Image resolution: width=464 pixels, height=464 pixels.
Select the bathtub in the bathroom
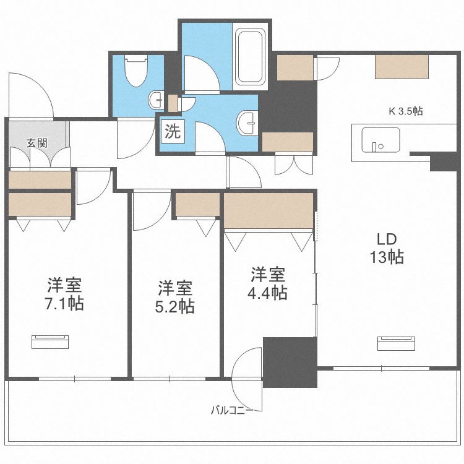point(251,56)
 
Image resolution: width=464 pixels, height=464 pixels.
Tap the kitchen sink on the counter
point(374,140)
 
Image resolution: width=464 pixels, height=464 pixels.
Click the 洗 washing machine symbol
point(171,131)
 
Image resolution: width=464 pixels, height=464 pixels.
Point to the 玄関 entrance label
point(37,143)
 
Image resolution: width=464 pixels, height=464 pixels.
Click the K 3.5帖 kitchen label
point(405,111)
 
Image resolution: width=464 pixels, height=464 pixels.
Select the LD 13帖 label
point(387,248)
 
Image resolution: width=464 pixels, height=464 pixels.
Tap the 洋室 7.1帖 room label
point(66,294)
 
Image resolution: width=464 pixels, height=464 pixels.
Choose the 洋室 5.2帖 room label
point(175,297)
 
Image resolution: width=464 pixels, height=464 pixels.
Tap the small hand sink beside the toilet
point(157,99)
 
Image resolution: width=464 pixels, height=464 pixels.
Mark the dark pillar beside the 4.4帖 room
point(290,362)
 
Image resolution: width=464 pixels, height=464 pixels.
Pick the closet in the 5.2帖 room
point(197,205)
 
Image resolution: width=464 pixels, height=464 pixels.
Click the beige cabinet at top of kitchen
point(402,66)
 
